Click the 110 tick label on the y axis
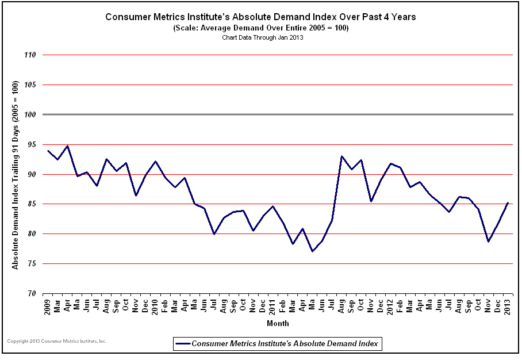(x=30, y=55)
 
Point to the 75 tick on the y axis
(x=32, y=264)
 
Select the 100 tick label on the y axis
(x=30, y=115)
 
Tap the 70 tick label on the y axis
(x=32, y=294)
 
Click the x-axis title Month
(x=278, y=324)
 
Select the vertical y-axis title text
(x=16, y=175)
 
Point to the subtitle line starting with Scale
(x=261, y=28)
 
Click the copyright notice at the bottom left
(x=57, y=341)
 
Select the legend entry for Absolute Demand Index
(x=278, y=343)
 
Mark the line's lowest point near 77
(x=312, y=251)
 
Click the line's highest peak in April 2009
(x=68, y=146)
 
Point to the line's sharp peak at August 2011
(x=341, y=156)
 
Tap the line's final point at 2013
(x=507, y=202)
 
